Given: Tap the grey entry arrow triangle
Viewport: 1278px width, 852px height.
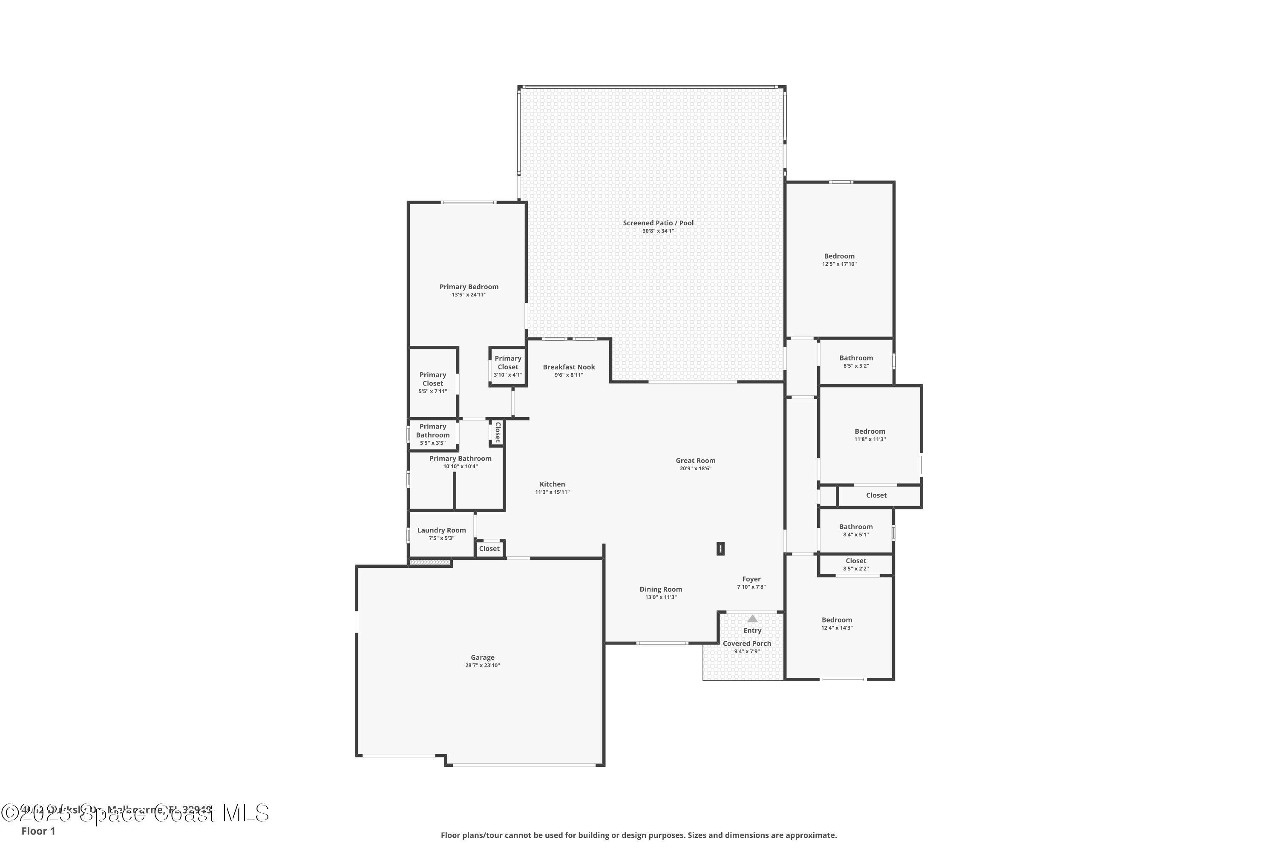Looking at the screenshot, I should coord(752,619).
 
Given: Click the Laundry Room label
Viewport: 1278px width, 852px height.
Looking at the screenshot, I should coord(441,530).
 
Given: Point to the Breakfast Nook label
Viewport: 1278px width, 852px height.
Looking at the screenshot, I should coord(568,367).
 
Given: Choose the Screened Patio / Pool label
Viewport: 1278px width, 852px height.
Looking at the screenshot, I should coord(658,222).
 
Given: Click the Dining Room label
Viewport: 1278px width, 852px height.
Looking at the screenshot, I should coord(660,589).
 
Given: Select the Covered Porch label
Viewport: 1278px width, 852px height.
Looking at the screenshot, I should coord(747,643).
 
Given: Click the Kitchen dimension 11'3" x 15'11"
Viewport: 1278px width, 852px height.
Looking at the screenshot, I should coord(552,492).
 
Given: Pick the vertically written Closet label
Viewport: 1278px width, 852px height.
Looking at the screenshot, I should coord(497,432).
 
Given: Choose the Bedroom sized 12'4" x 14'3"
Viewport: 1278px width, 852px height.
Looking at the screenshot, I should coord(836,619).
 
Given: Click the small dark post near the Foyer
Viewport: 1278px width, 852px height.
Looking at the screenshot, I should coord(720,548).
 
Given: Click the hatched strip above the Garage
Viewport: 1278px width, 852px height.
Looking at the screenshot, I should coord(430,562).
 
